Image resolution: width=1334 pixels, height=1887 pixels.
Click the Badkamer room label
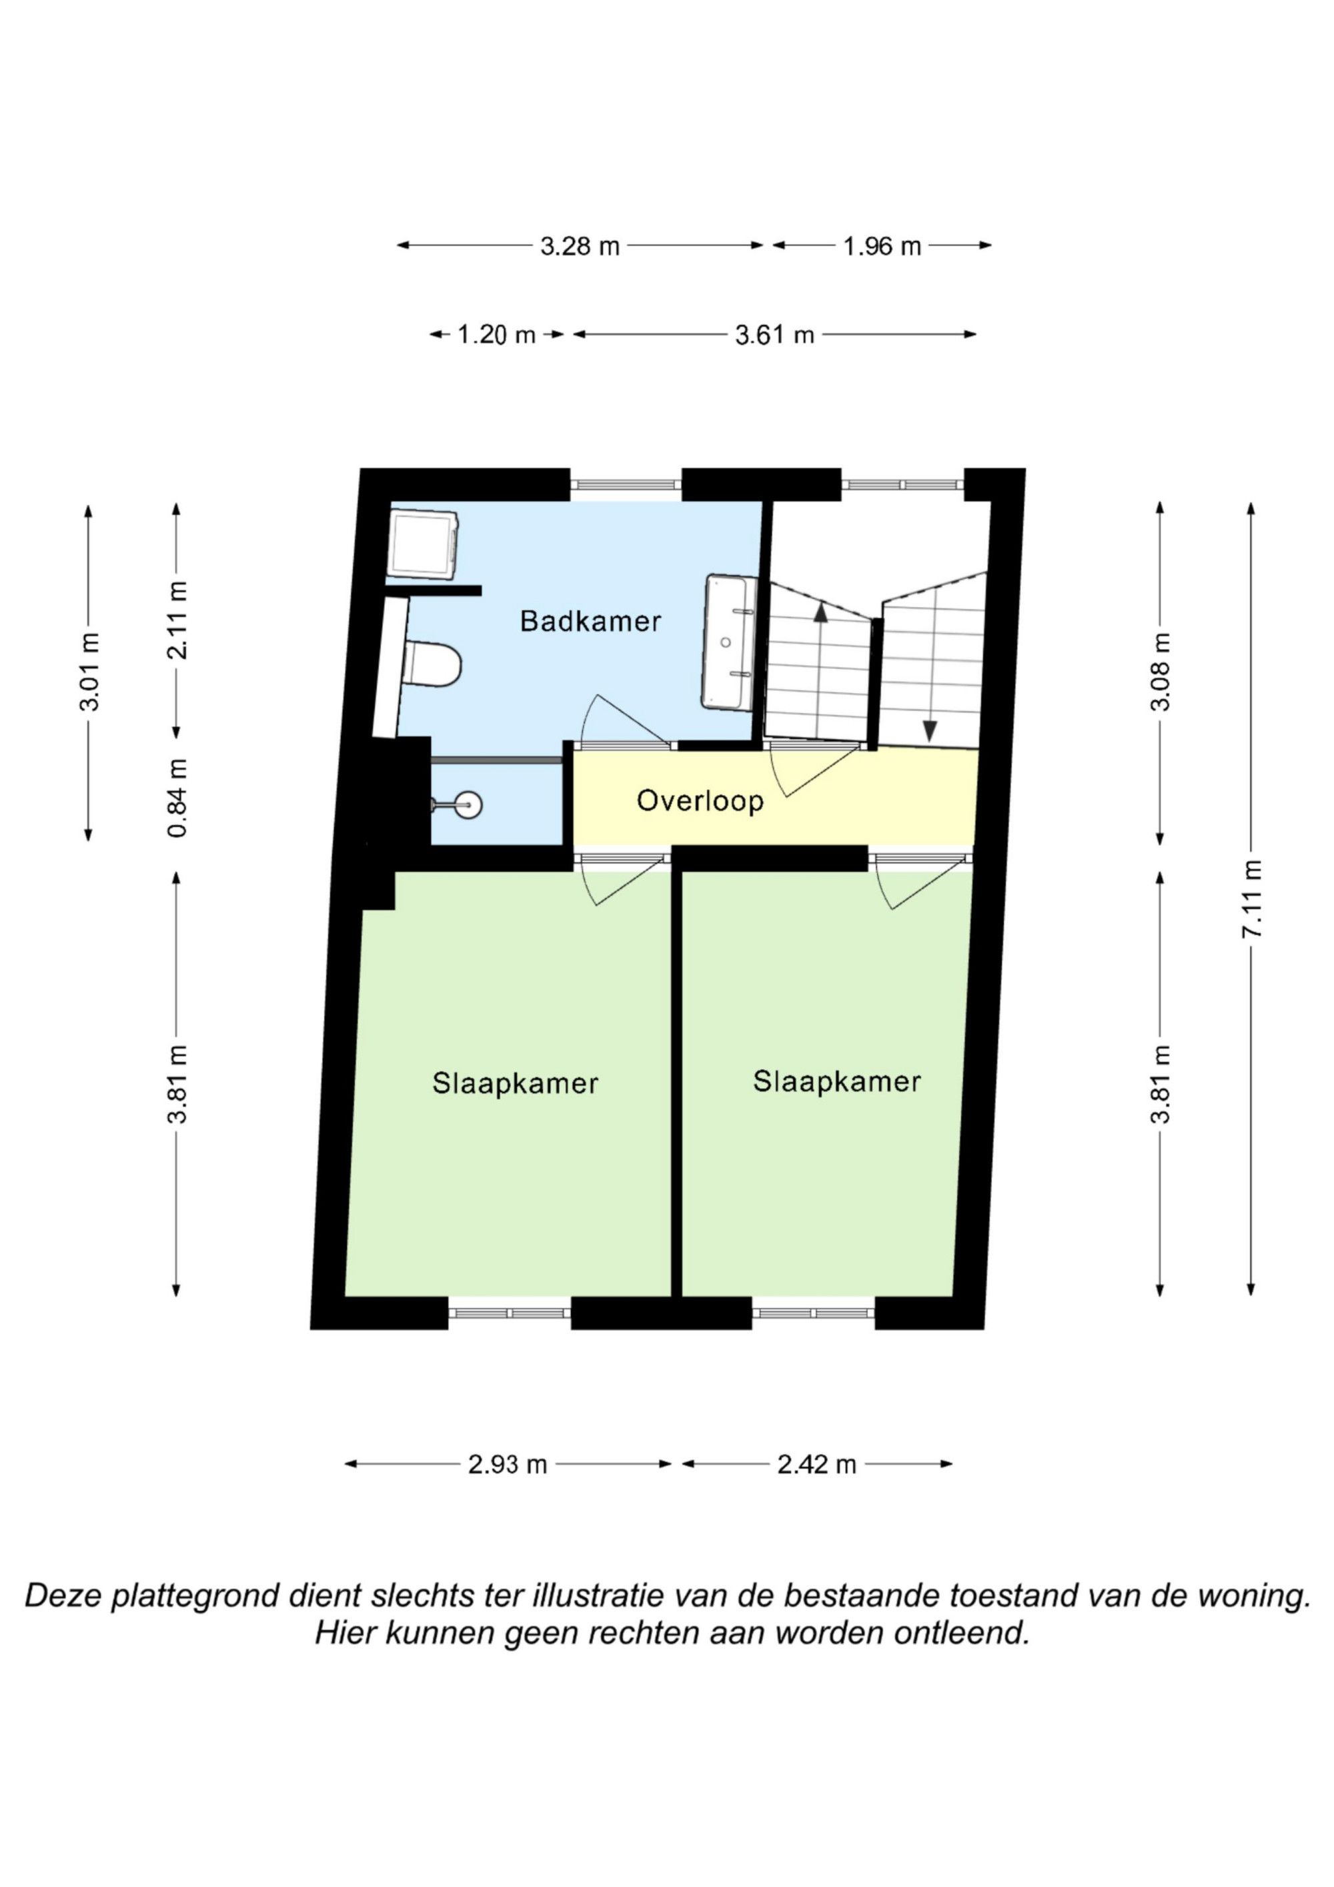(590, 622)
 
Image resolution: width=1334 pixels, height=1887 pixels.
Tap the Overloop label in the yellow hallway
(700, 800)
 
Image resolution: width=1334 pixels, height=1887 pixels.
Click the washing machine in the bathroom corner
(424, 544)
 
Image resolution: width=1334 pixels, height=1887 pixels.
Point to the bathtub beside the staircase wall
(730, 642)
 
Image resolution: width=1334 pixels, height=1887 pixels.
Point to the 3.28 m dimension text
(580, 245)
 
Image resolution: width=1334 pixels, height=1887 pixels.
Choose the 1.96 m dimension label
(882, 245)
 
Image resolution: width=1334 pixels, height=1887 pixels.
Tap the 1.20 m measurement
(496, 334)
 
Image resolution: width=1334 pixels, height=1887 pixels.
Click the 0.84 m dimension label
(177, 798)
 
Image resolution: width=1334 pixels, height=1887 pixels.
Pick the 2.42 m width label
(817, 1465)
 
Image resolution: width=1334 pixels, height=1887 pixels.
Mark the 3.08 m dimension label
(1160, 672)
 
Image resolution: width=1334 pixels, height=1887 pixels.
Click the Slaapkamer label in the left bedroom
(516, 1083)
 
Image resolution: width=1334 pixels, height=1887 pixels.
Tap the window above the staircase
(902, 485)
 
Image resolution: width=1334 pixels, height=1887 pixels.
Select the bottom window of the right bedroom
(813, 1313)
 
